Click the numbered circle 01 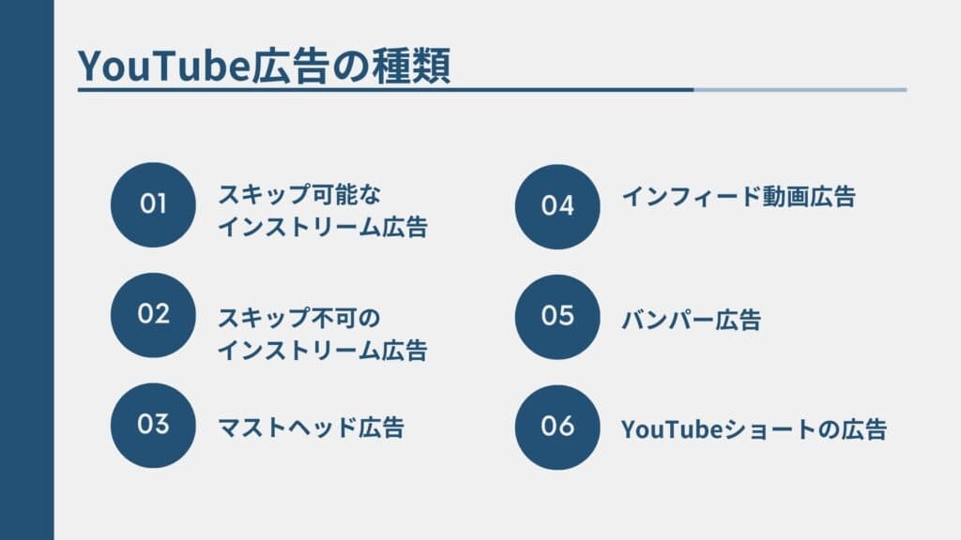[153, 204]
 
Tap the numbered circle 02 [153, 314]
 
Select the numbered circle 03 [153, 425]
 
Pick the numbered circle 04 [557, 205]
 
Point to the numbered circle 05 [557, 316]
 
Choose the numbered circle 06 [557, 427]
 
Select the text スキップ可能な [300, 194]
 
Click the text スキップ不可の [300, 318]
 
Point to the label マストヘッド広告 [311, 427]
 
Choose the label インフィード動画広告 [739, 198]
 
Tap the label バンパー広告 [691, 320]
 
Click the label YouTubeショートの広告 [754, 429]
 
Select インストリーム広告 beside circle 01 [322, 227]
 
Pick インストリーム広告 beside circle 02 [322, 351]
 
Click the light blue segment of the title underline [801, 90]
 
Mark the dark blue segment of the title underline [385, 90]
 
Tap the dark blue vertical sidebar [26, 270]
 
